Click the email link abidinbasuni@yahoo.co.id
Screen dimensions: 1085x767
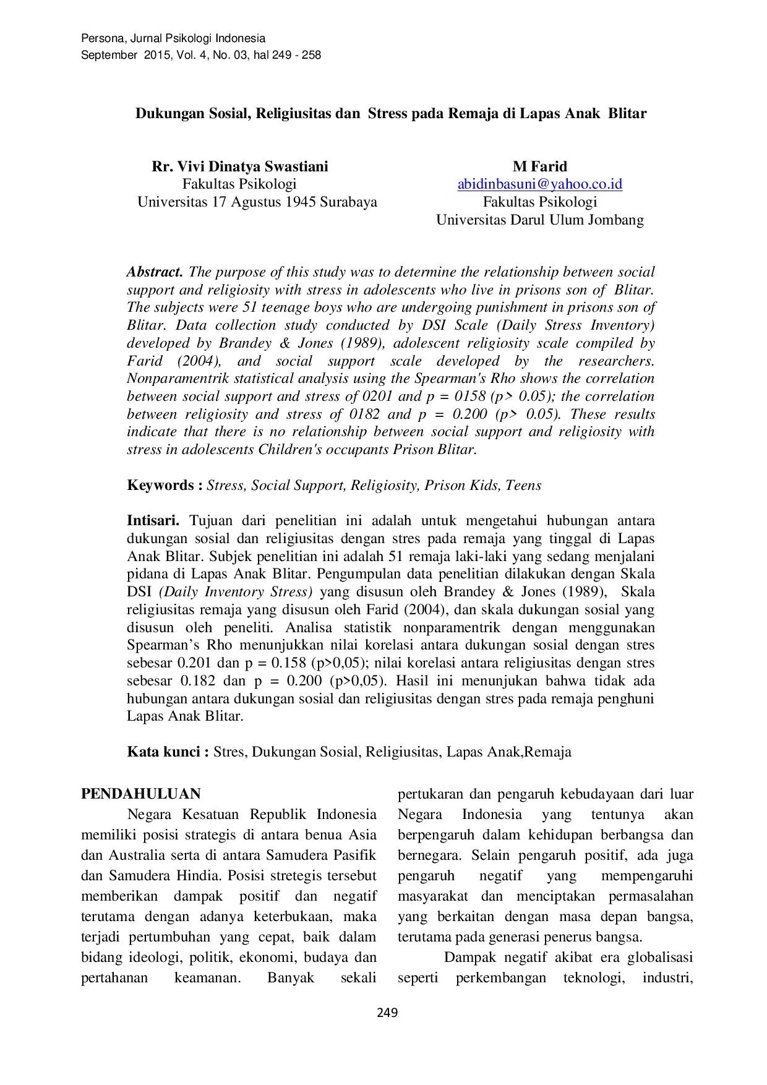tap(539, 184)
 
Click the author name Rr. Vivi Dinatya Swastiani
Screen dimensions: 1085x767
tap(240, 166)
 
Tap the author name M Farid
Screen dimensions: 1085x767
tap(539, 166)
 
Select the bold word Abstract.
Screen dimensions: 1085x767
tap(155, 272)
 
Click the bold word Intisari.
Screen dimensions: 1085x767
tap(153, 521)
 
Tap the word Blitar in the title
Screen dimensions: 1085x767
tap(627, 114)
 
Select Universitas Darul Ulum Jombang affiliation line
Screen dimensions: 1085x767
tap(539, 220)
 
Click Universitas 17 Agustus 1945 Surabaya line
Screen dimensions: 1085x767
tap(257, 202)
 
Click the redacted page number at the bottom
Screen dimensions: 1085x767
tap(388, 1012)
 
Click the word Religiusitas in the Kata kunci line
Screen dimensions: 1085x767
tap(402, 752)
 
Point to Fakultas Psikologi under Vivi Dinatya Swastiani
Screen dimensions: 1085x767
tap(239, 184)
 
